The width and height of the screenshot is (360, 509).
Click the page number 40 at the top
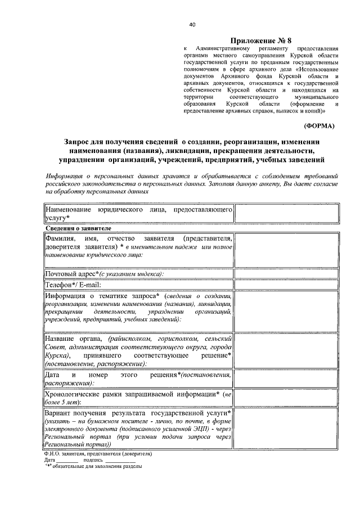(x=192, y=25)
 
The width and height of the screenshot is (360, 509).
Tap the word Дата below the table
(x=49, y=460)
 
